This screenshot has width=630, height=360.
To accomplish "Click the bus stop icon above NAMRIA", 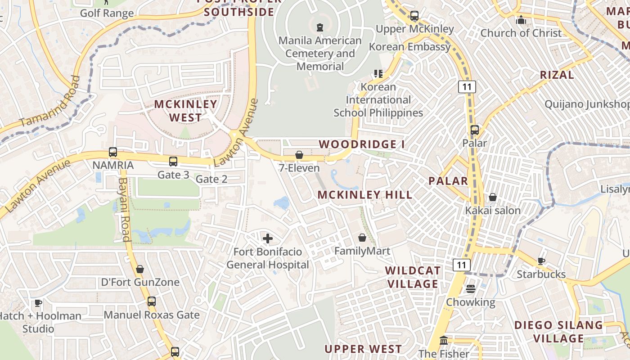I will (113, 152).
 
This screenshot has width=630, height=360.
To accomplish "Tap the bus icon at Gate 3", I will (173, 162).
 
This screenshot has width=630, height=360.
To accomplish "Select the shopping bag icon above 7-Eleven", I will (299, 155).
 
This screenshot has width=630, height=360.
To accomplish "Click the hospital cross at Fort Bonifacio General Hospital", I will (268, 238).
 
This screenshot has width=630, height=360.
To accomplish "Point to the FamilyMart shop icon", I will (362, 238).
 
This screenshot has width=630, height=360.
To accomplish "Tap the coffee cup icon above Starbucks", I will (541, 261).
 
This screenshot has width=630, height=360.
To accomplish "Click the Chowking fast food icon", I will (471, 288).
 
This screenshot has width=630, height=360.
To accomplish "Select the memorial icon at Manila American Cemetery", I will (320, 27).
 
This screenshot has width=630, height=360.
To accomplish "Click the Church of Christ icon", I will (521, 20).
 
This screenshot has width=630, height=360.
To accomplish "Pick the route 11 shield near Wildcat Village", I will (462, 265).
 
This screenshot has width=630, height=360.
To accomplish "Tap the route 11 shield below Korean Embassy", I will (467, 87).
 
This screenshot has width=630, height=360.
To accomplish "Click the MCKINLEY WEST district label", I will (185, 111).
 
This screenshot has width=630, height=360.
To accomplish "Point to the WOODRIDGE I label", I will (362, 144).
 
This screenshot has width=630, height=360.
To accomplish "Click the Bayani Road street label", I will (124, 209).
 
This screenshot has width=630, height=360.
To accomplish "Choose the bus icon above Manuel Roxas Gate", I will (152, 301).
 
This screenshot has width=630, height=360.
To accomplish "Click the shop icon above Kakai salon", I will (493, 197).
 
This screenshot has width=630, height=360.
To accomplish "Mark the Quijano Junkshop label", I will (587, 104).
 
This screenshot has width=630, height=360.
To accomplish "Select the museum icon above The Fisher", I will (444, 340).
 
